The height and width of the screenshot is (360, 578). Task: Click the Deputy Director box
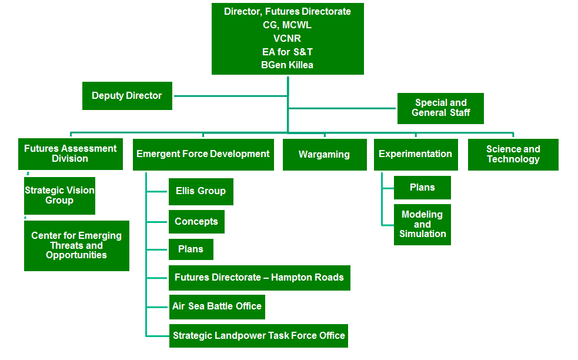tap(127, 96)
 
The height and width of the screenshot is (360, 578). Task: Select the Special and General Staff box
tap(440, 108)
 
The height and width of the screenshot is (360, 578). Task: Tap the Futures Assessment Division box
tap(71, 154)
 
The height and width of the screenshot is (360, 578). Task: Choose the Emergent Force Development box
tap(203, 155)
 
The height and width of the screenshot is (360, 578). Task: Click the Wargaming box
tap(325, 155)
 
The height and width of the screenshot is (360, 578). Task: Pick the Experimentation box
tap(416, 155)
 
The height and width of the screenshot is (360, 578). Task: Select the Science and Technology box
tap(513, 155)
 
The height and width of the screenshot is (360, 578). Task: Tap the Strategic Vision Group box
tap(60, 195)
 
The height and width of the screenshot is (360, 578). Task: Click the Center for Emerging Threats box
tap(76, 246)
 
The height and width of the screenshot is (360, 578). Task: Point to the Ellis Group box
tap(201, 191)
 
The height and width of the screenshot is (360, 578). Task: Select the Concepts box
tap(196, 222)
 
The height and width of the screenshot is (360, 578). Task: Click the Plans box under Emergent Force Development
tap(191, 249)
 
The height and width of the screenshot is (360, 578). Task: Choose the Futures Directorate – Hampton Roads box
tap(259, 278)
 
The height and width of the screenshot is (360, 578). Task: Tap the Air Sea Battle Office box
tap(217, 307)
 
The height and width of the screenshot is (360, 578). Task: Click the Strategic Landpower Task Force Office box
tap(258, 336)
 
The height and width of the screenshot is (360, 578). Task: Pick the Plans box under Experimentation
tap(422, 188)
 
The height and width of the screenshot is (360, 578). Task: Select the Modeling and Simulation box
tap(422, 225)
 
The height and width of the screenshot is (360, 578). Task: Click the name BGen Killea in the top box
tap(287, 65)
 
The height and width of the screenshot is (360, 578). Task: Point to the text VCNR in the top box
tap(287, 38)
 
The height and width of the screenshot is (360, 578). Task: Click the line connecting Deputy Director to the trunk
tap(230, 96)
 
